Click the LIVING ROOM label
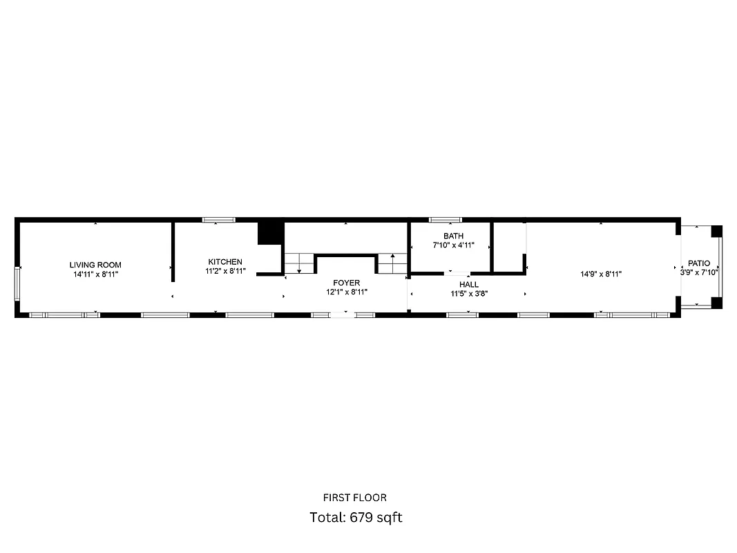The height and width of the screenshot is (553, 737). point(95,265)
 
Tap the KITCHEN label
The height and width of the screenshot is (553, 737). point(225,261)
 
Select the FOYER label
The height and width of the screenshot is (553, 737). point(346,283)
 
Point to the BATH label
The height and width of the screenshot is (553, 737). point(454,236)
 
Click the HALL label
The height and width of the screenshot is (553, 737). point(469,284)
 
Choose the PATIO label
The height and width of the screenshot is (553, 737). point(698,263)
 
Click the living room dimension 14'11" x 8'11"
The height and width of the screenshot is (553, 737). point(95,274)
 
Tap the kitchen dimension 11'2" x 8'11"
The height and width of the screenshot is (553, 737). point(225,271)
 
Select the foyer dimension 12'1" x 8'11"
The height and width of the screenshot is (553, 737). point(346,292)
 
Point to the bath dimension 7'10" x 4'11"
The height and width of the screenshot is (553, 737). point(454,245)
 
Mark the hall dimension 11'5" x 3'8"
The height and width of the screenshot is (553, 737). point(469,293)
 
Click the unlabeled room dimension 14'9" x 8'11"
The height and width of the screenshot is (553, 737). point(601,274)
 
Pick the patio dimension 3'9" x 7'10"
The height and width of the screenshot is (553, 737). point(699,272)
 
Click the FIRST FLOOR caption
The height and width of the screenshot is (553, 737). point(355,498)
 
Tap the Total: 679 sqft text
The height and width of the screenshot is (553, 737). point(356,517)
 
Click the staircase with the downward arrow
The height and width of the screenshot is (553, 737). point(300,263)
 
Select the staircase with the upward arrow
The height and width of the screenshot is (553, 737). point(392,263)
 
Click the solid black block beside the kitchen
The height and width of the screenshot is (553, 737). point(270,232)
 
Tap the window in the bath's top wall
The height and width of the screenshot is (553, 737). point(446,220)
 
